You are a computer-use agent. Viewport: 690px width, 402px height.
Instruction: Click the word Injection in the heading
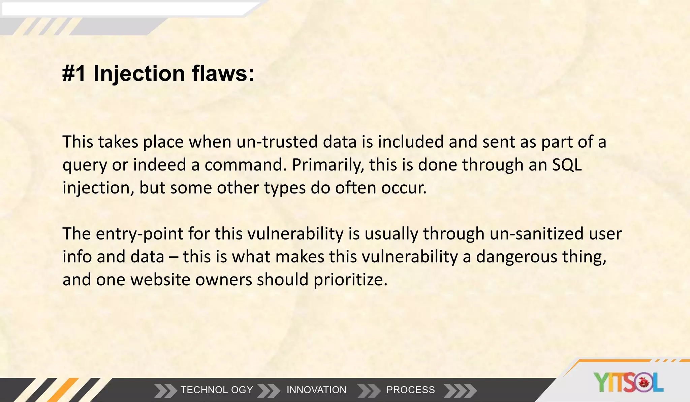(x=139, y=73)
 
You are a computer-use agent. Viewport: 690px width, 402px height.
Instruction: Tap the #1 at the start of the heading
(x=74, y=73)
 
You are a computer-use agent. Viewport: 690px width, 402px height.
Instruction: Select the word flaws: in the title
(x=223, y=73)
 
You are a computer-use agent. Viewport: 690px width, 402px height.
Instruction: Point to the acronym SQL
(x=567, y=165)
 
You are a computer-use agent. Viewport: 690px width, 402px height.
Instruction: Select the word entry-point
(x=139, y=233)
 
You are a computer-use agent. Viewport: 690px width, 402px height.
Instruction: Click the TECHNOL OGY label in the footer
(x=217, y=390)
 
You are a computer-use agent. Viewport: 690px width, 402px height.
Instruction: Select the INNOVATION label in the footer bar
(x=316, y=390)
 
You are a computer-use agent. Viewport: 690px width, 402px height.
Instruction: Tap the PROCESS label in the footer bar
(x=410, y=390)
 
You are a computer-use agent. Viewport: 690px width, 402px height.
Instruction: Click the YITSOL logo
(x=628, y=382)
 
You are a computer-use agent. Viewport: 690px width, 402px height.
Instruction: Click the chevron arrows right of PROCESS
(x=460, y=391)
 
